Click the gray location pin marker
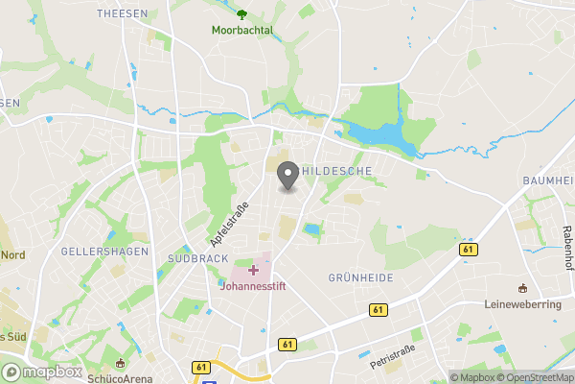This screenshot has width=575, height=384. pos(287,176)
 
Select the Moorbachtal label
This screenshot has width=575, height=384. pos(242,30)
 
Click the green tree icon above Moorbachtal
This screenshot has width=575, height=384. pos(242,13)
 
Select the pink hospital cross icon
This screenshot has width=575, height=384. pos(253,270)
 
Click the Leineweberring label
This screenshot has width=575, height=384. pos(523,303)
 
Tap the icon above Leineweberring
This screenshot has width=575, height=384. pos(523,288)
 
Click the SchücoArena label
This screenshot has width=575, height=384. pos(120,377)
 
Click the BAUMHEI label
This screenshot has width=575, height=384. pos(548,180)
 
